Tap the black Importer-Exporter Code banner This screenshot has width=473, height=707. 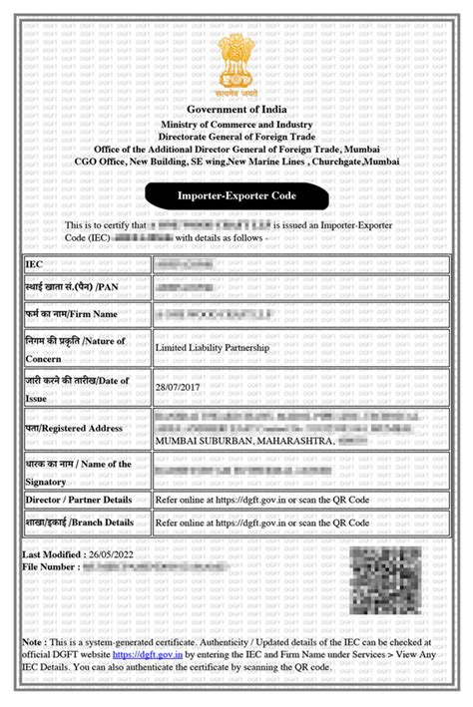pyautogui.click(x=236, y=196)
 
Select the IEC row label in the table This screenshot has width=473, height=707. pyautogui.click(x=35, y=263)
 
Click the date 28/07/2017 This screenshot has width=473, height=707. pyautogui.click(x=176, y=385)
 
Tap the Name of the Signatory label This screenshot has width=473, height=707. pyautogui.click(x=79, y=470)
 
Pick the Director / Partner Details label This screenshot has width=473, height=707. pyautogui.click(x=80, y=499)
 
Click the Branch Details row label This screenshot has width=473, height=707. pyautogui.click(x=80, y=523)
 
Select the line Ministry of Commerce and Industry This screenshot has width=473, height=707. pyautogui.click(x=236, y=124)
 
